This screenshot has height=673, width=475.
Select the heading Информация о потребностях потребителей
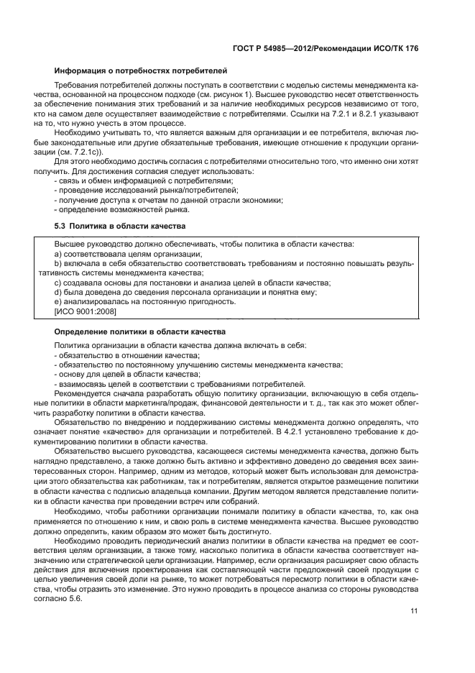[x=141, y=70]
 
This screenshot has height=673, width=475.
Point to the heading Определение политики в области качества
[x=141, y=331]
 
